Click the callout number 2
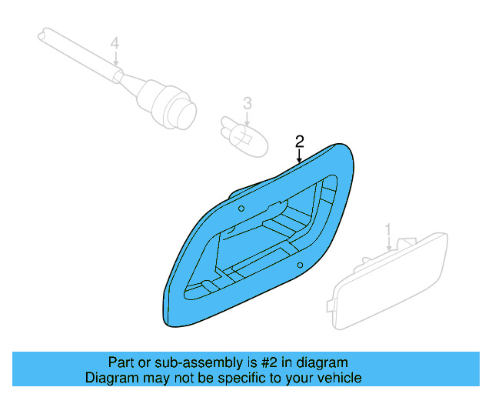[x=300, y=141]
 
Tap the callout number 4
[x=115, y=44]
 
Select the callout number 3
[x=248, y=102]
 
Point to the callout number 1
[x=389, y=229]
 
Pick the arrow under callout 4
[x=115, y=60]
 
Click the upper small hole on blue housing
[x=241, y=209]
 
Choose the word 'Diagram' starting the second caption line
[x=111, y=378]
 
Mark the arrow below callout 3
[x=248, y=117]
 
